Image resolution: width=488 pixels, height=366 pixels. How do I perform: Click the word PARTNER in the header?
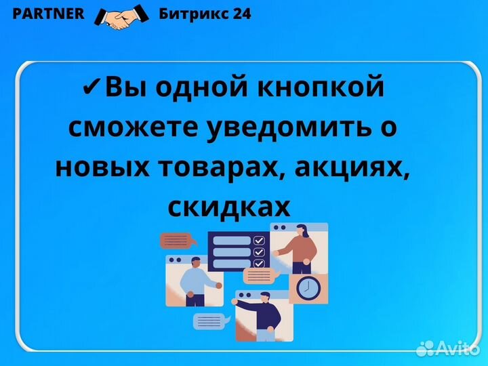pos(49,14)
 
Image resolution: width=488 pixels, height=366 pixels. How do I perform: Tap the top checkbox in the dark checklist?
pos(258,240)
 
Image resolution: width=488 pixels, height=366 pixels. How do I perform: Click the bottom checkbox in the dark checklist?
pos(258,263)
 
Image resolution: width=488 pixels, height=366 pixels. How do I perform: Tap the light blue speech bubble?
pos(211,321)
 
